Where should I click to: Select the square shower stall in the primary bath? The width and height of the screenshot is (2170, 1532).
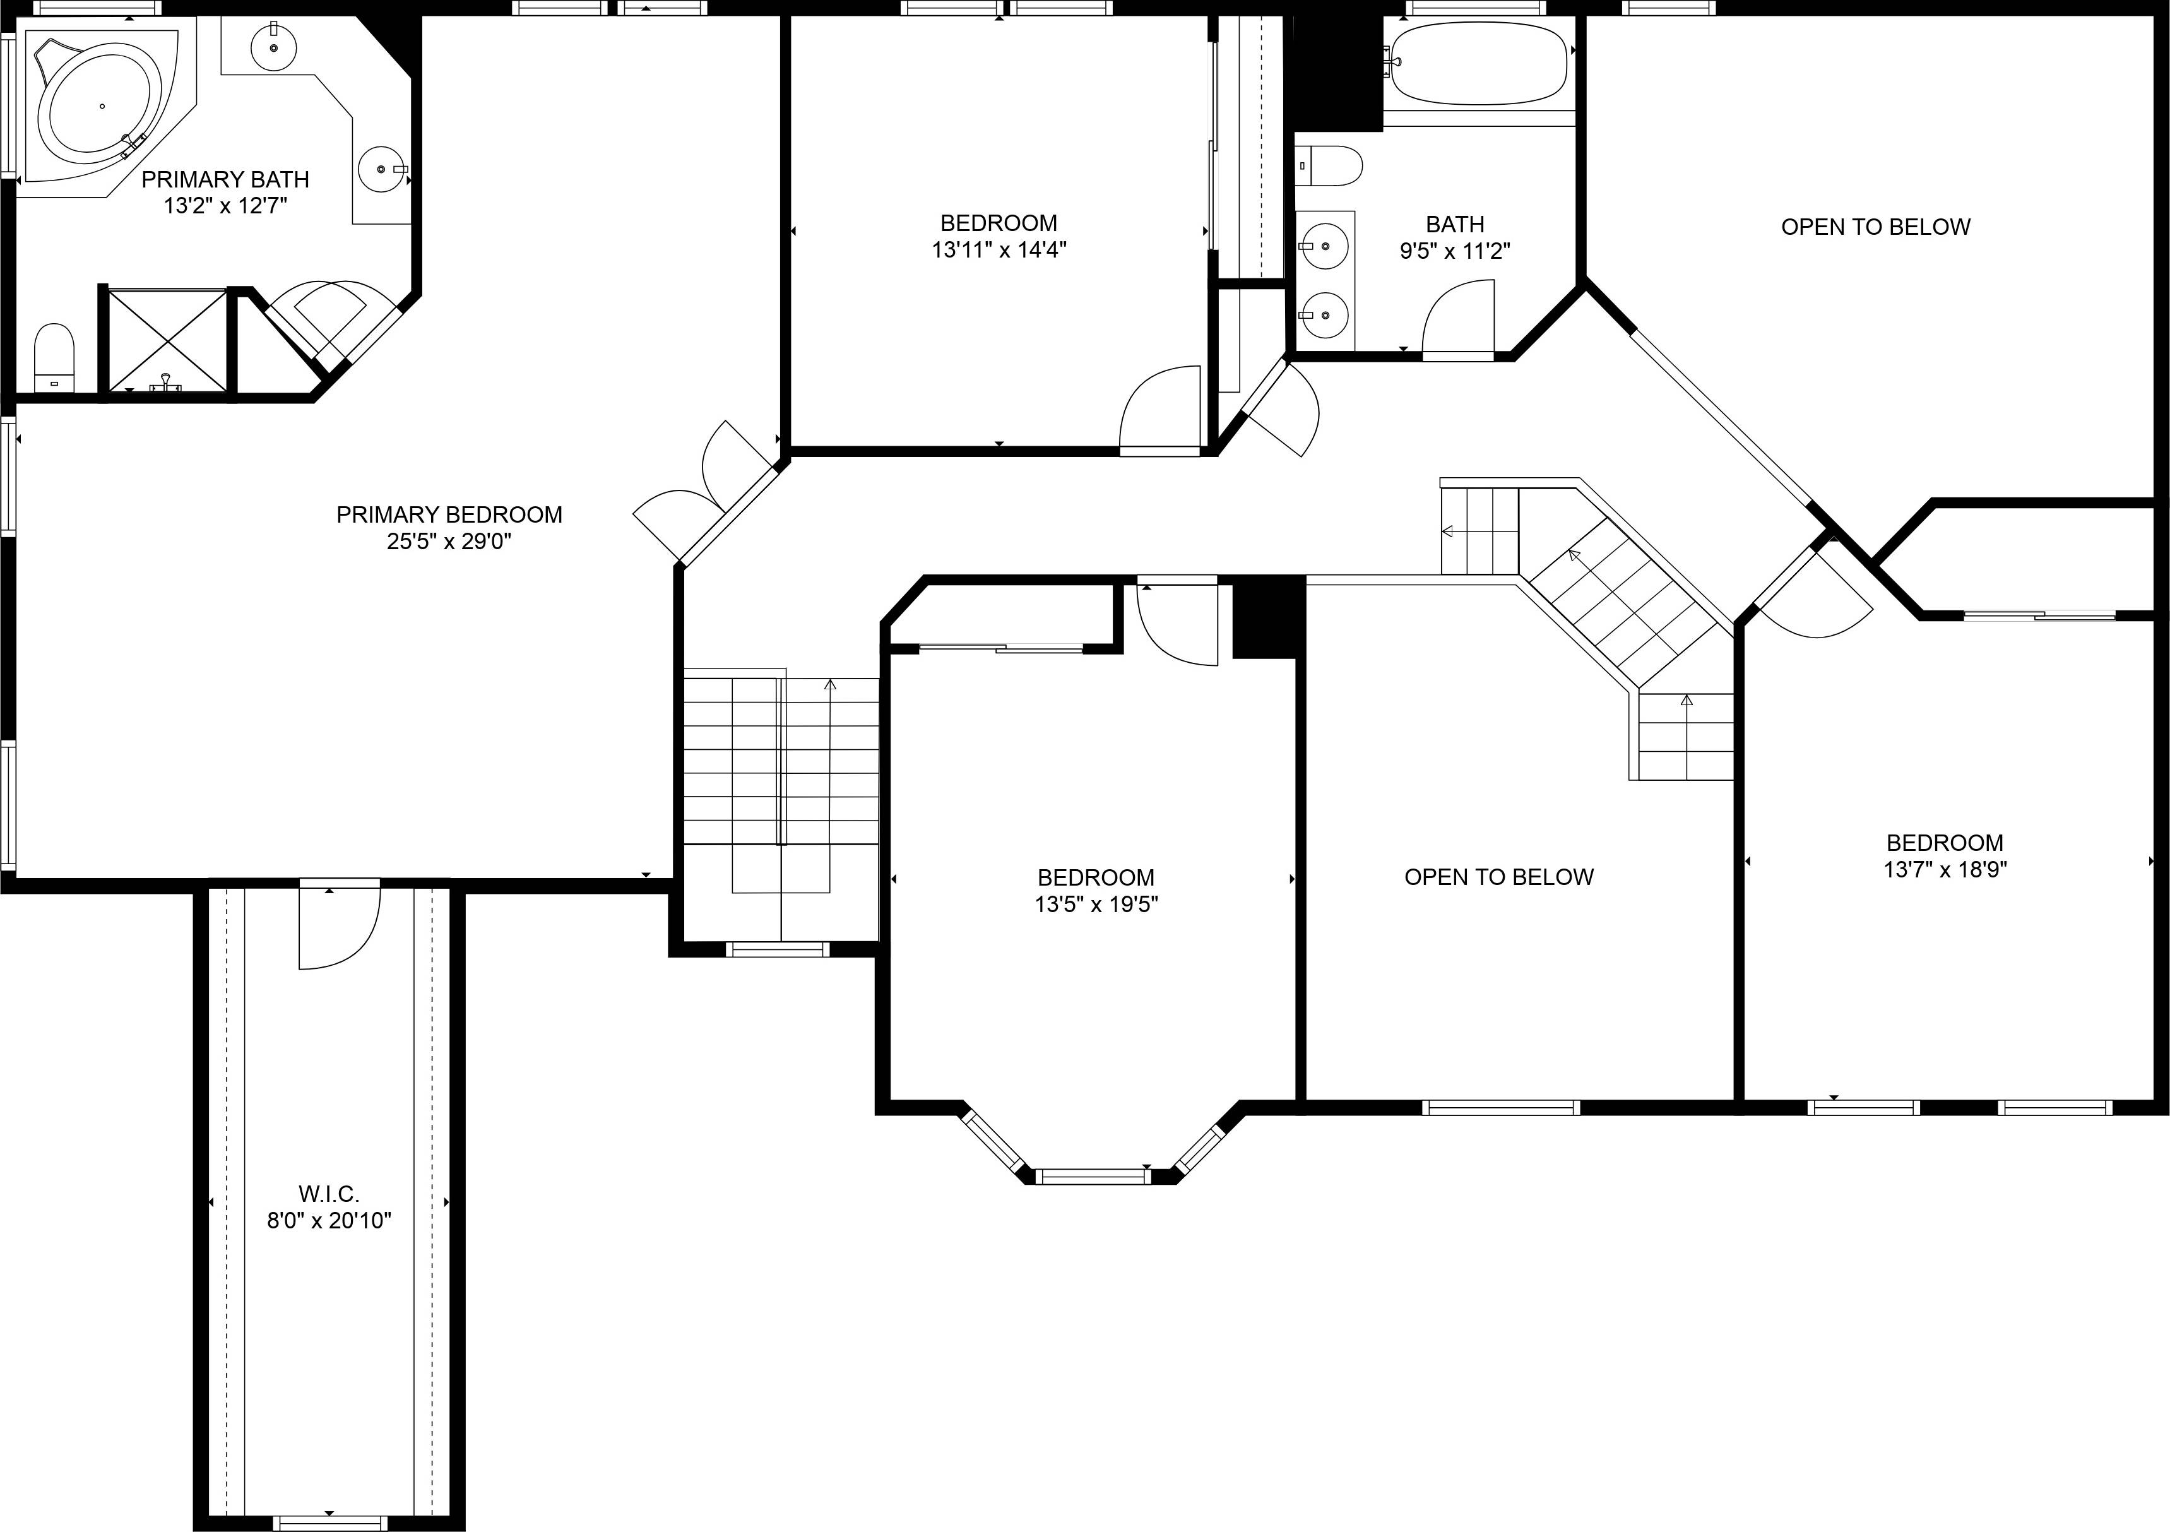pyautogui.click(x=167, y=340)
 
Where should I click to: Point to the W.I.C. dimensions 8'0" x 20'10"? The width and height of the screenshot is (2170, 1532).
pyautogui.click(x=329, y=1220)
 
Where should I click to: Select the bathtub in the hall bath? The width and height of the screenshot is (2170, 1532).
pyautogui.click(x=1477, y=62)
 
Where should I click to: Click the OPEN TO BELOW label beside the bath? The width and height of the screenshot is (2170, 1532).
pyautogui.click(x=1875, y=227)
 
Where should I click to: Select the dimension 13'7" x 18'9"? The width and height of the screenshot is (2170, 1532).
pyautogui.click(x=1945, y=869)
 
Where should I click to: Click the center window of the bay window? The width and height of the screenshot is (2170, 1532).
pyautogui.click(x=1093, y=1177)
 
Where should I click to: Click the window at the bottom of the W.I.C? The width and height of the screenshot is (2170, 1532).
pyautogui.click(x=329, y=1523)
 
